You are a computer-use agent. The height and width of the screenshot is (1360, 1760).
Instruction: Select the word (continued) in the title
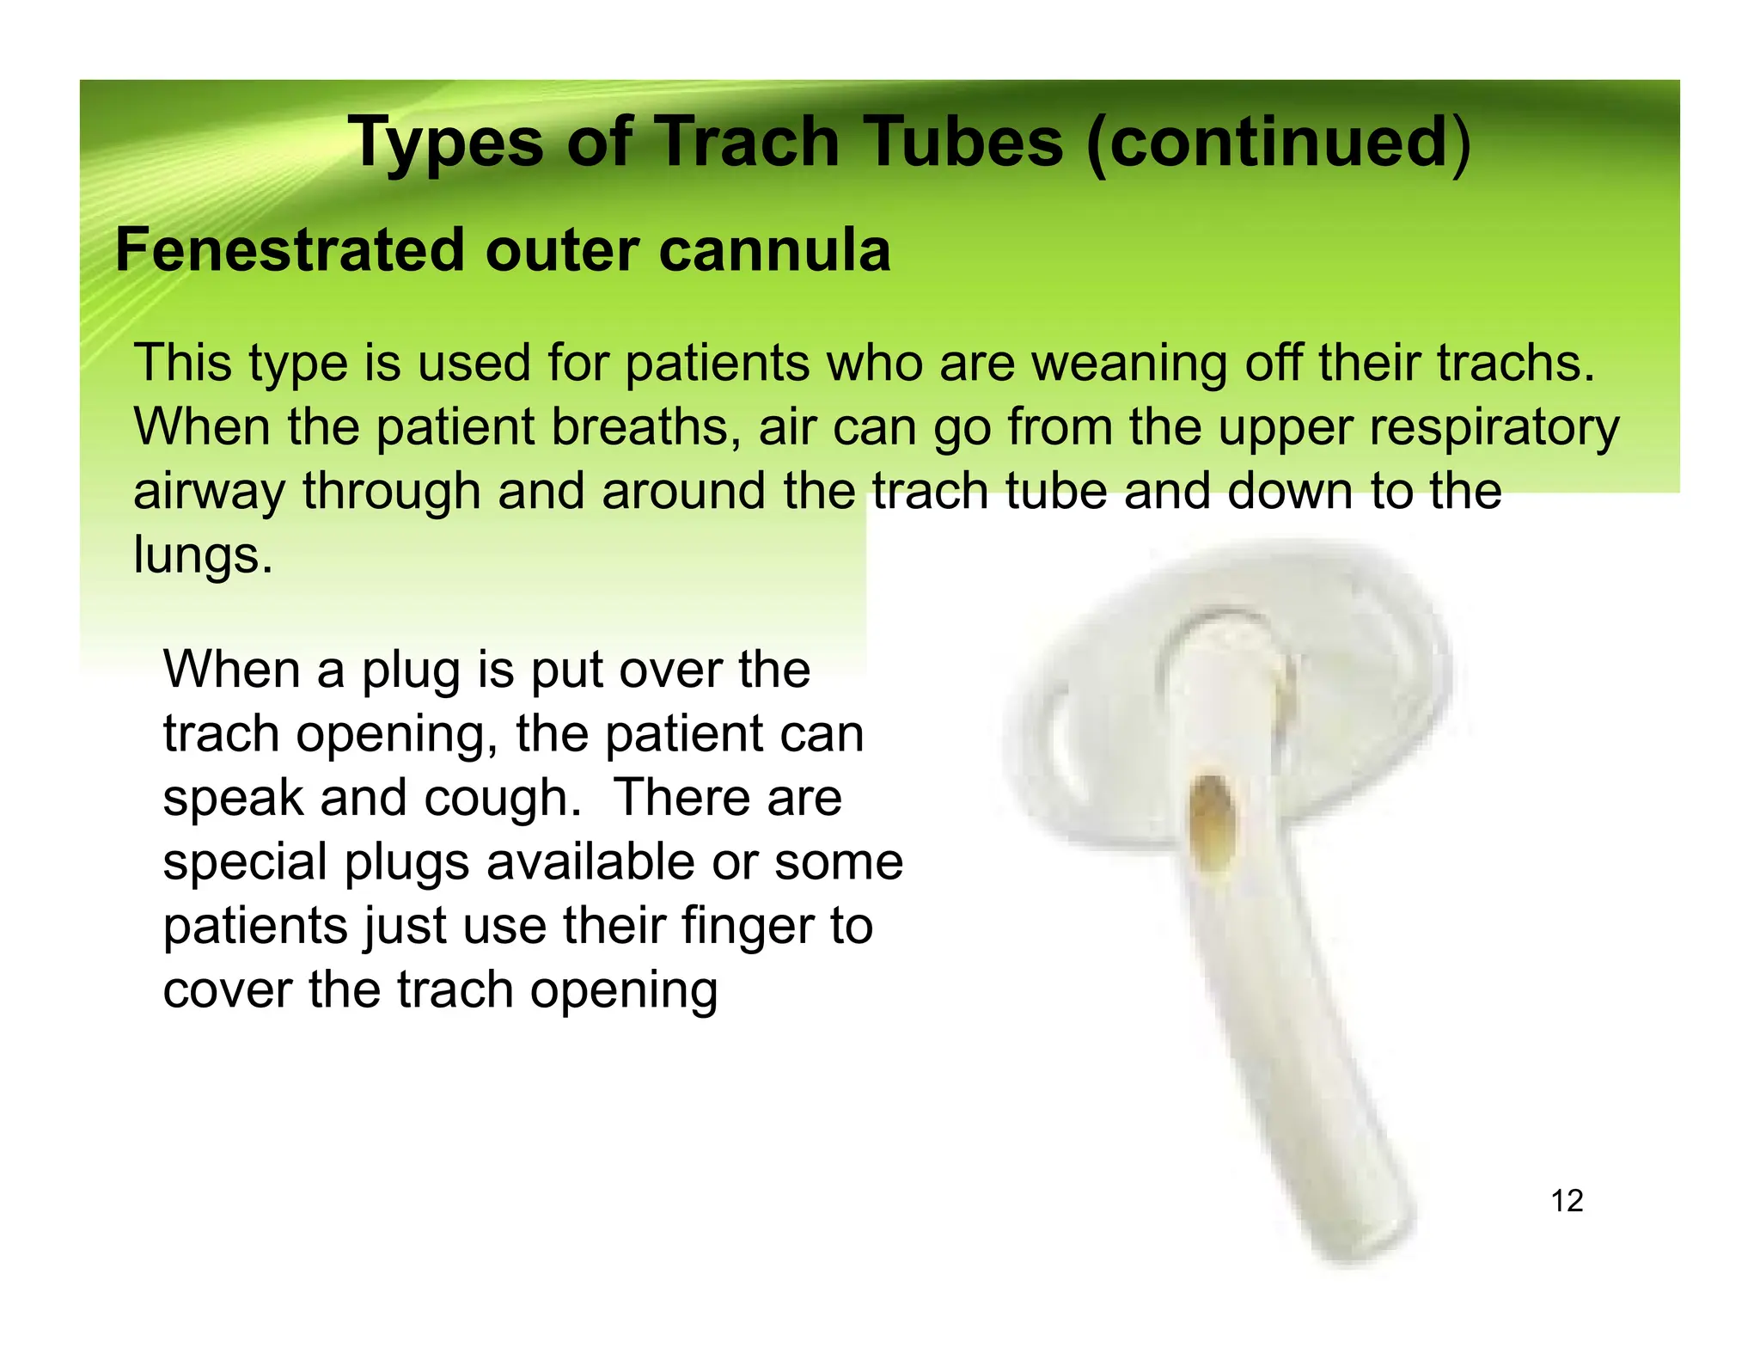(1279, 142)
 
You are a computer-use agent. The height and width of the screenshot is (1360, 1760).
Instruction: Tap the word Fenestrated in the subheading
(290, 250)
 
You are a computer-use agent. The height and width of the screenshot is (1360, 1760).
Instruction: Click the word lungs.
(202, 555)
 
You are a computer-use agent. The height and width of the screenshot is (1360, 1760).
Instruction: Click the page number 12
(1567, 1200)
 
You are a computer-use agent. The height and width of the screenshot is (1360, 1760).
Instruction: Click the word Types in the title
(445, 142)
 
